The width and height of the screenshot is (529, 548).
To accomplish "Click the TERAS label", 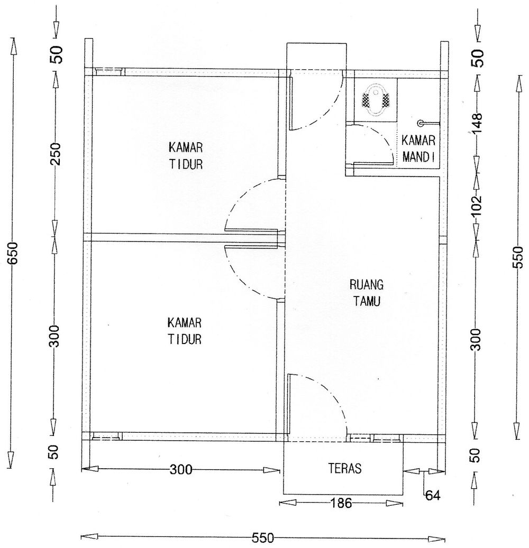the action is pyautogui.click(x=344, y=468).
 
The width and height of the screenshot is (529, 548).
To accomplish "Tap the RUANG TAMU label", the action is pyautogui.click(x=366, y=293).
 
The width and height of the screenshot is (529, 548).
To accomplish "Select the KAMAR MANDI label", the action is pyautogui.click(x=418, y=149).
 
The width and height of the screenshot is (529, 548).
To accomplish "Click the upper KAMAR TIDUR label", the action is pyautogui.click(x=186, y=155).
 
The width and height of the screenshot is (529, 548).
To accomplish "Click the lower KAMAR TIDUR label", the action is pyautogui.click(x=185, y=331).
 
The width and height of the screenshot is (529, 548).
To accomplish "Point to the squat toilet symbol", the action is pyautogui.click(x=376, y=99).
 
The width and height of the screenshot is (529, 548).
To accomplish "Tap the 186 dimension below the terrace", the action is pyautogui.click(x=341, y=503).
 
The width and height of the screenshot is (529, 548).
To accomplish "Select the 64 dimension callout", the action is pyautogui.click(x=432, y=495).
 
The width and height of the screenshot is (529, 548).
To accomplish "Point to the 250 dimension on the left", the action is pyautogui.click(x=55, y=153).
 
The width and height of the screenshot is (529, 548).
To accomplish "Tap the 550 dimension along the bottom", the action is pyautogui.click(x=263, y=538).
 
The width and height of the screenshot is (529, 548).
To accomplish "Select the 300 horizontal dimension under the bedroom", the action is pyautogui.click(x=181, y=470).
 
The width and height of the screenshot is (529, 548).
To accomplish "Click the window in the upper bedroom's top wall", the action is pyautogui.click(x=110, y=71).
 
